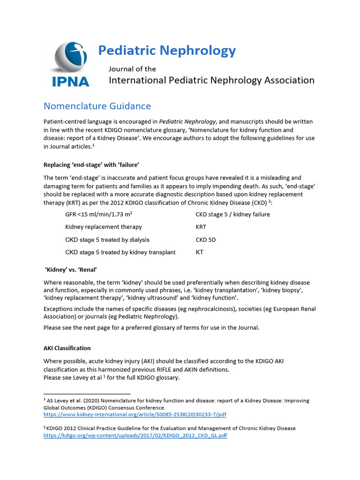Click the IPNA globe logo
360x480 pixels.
point(70,59)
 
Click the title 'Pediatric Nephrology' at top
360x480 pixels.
point(167,50)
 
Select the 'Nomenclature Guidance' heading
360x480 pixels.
point(97,106)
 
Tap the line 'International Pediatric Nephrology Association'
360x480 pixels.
point(211,80)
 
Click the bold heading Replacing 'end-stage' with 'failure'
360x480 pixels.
point(91,165)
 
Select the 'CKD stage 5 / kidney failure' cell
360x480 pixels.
point(232,214)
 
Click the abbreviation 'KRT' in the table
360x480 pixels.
point(201,227)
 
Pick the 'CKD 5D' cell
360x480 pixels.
point(205,240)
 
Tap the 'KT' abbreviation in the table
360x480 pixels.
point(199,252)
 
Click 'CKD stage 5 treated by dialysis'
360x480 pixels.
point(107,240)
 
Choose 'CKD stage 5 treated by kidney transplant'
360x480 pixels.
point(120,252)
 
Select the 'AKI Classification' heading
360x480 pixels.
point(67,348)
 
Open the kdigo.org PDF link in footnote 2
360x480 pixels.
point(135,435)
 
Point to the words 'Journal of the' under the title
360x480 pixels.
point(132,69)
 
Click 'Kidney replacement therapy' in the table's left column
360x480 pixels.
point(103,227)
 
